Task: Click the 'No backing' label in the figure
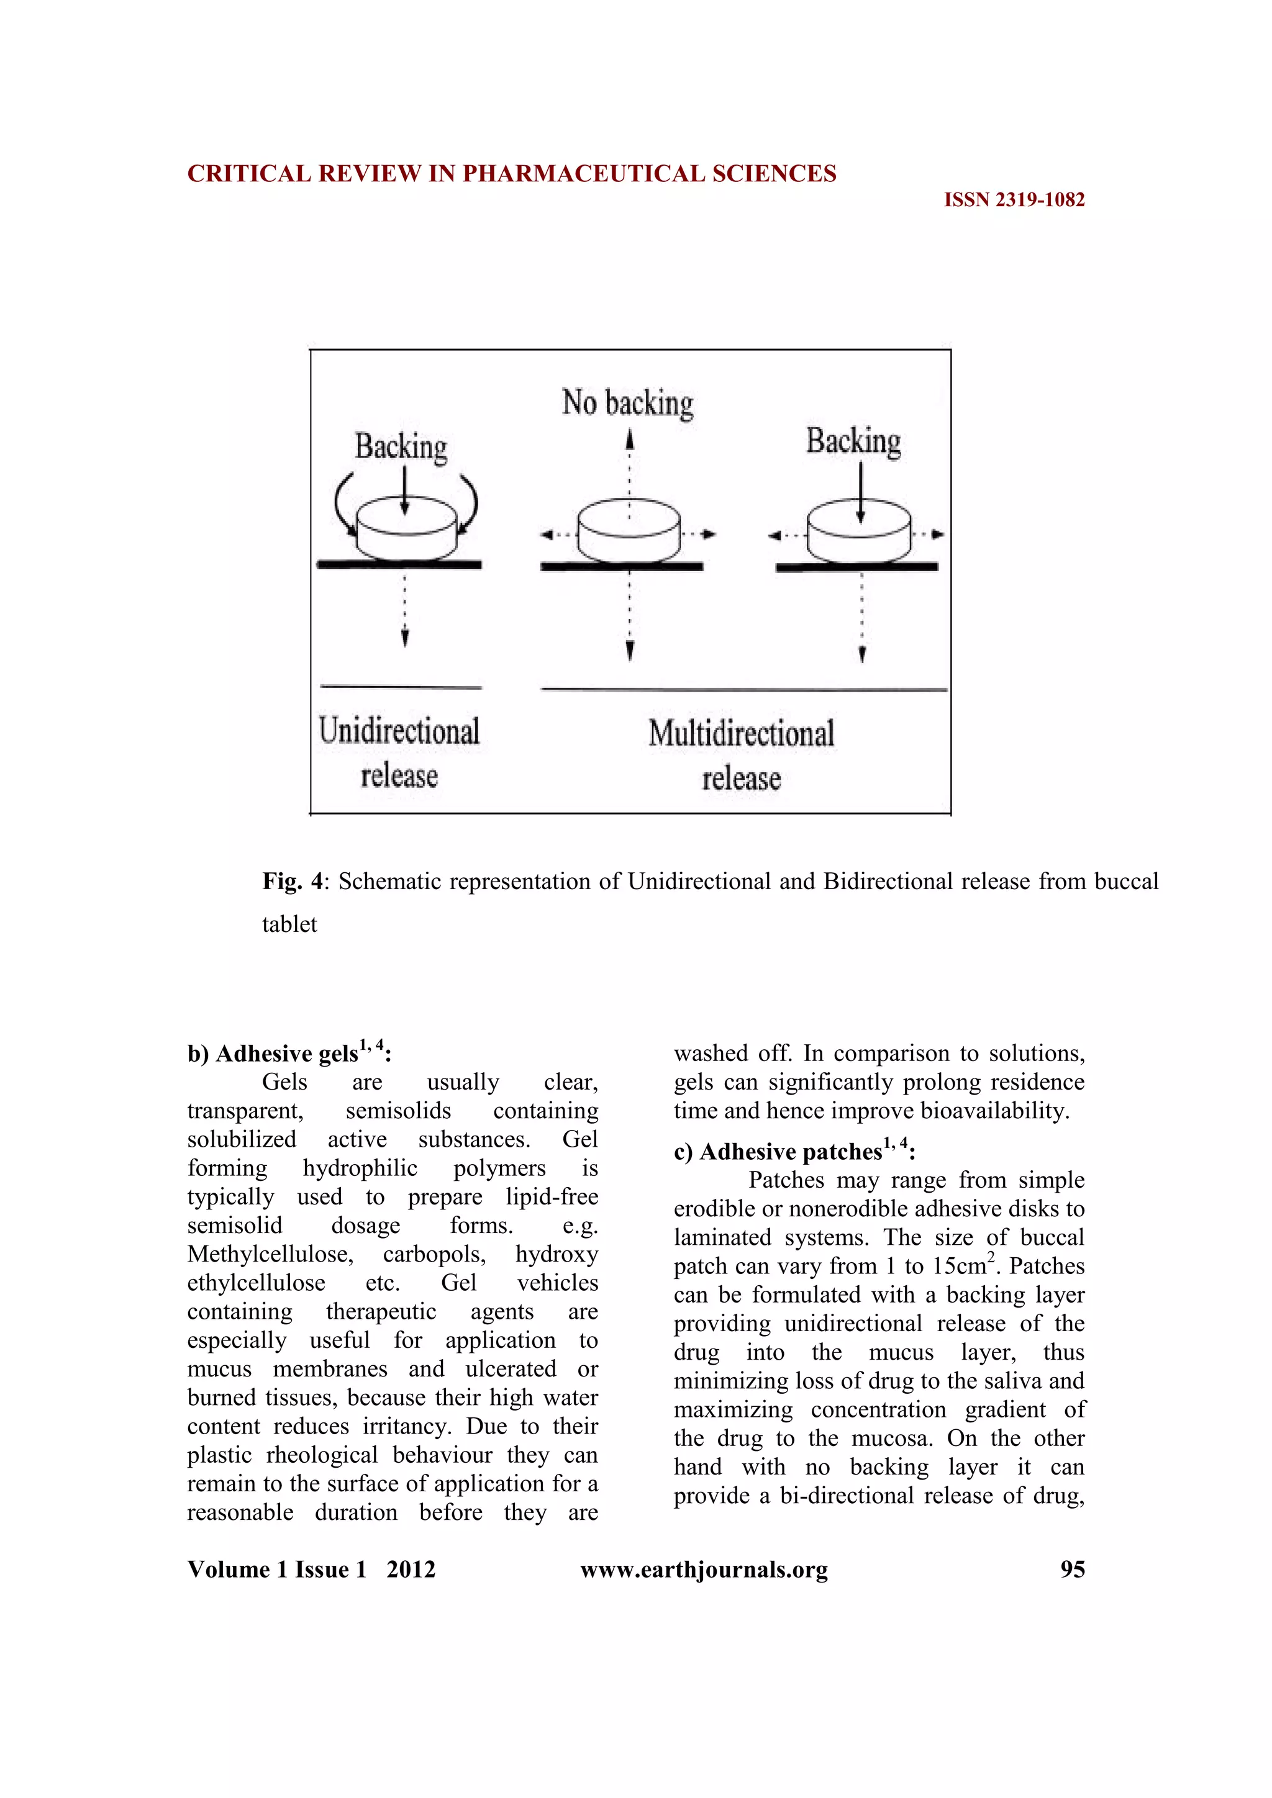coord(627,404)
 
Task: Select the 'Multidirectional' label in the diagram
coord(741,734)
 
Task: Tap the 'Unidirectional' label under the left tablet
coord(399,731)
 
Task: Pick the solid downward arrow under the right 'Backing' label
coord(860,492)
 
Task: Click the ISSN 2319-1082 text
coord(1014,200)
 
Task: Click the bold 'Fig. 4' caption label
coord(294,882)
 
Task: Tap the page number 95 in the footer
coord(1071,1570)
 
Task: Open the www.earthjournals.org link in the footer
coord(703,1570)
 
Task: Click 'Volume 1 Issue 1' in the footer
coord(276,1570)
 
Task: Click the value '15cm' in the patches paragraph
coord(960,1267)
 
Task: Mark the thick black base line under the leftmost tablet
coord(399,564)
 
